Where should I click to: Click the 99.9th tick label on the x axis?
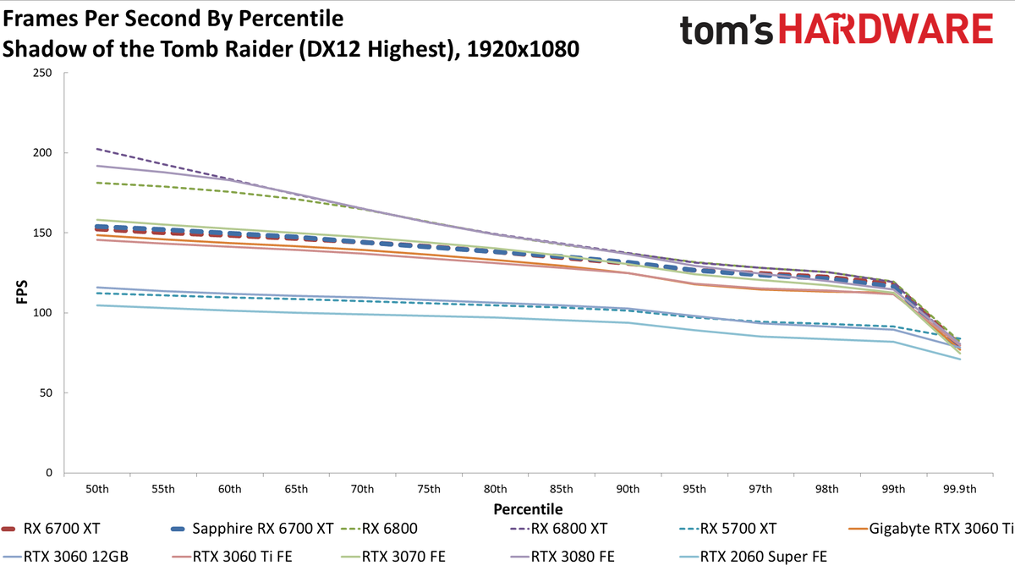click(x=960, y=490)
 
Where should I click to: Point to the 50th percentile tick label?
click(x=97, y=490)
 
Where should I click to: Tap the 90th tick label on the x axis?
click(x=628, y=490)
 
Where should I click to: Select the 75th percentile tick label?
click(x=429, y=490)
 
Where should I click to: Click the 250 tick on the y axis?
click(x=42, y=73)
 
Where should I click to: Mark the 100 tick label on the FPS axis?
click(x=42, y=313)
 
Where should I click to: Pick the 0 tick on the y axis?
click(x=49, y=473)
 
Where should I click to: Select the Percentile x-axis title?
click(x=528, y=509)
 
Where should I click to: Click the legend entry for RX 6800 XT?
click(x=558, y=529)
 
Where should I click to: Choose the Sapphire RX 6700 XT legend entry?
click(x=252, y=529)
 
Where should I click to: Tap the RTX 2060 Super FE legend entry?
click(x=754, y=557)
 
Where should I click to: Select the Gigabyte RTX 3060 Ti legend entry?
click(x=930, y=529)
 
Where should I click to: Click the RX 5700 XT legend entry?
click(x=728, y=529)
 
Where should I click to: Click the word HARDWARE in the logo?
click(x=886, y=29)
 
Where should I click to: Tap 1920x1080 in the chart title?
click(x=523, y=49)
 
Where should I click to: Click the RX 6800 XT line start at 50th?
click(x=97, y=149)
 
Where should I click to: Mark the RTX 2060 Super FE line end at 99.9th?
click(x=960, y=360)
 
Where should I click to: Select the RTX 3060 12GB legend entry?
click(x=65, y=557)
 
